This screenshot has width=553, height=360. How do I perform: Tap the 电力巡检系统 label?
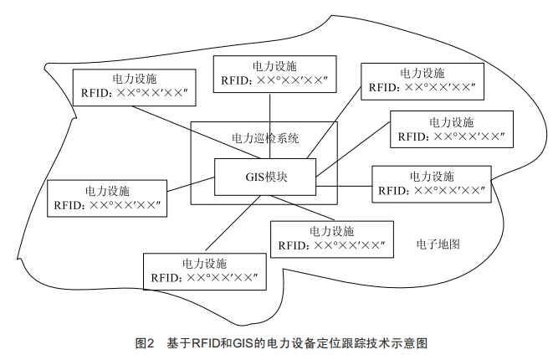click(264, 137)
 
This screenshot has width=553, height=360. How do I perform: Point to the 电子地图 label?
click(438, 244)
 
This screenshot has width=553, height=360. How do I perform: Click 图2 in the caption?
click(145, 343)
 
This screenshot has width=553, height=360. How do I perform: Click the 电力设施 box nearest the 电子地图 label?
click(331, 239)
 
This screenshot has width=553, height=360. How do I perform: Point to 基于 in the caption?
click(176, 343)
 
